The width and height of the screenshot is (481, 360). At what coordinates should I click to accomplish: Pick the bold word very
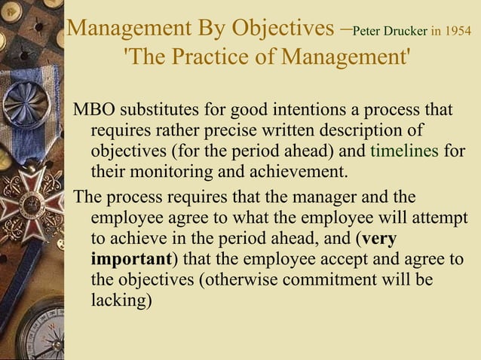tap(379, 239)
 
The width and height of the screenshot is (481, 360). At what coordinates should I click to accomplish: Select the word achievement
tap(297, 170)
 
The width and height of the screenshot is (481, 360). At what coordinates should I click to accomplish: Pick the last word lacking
tap(121, 300)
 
